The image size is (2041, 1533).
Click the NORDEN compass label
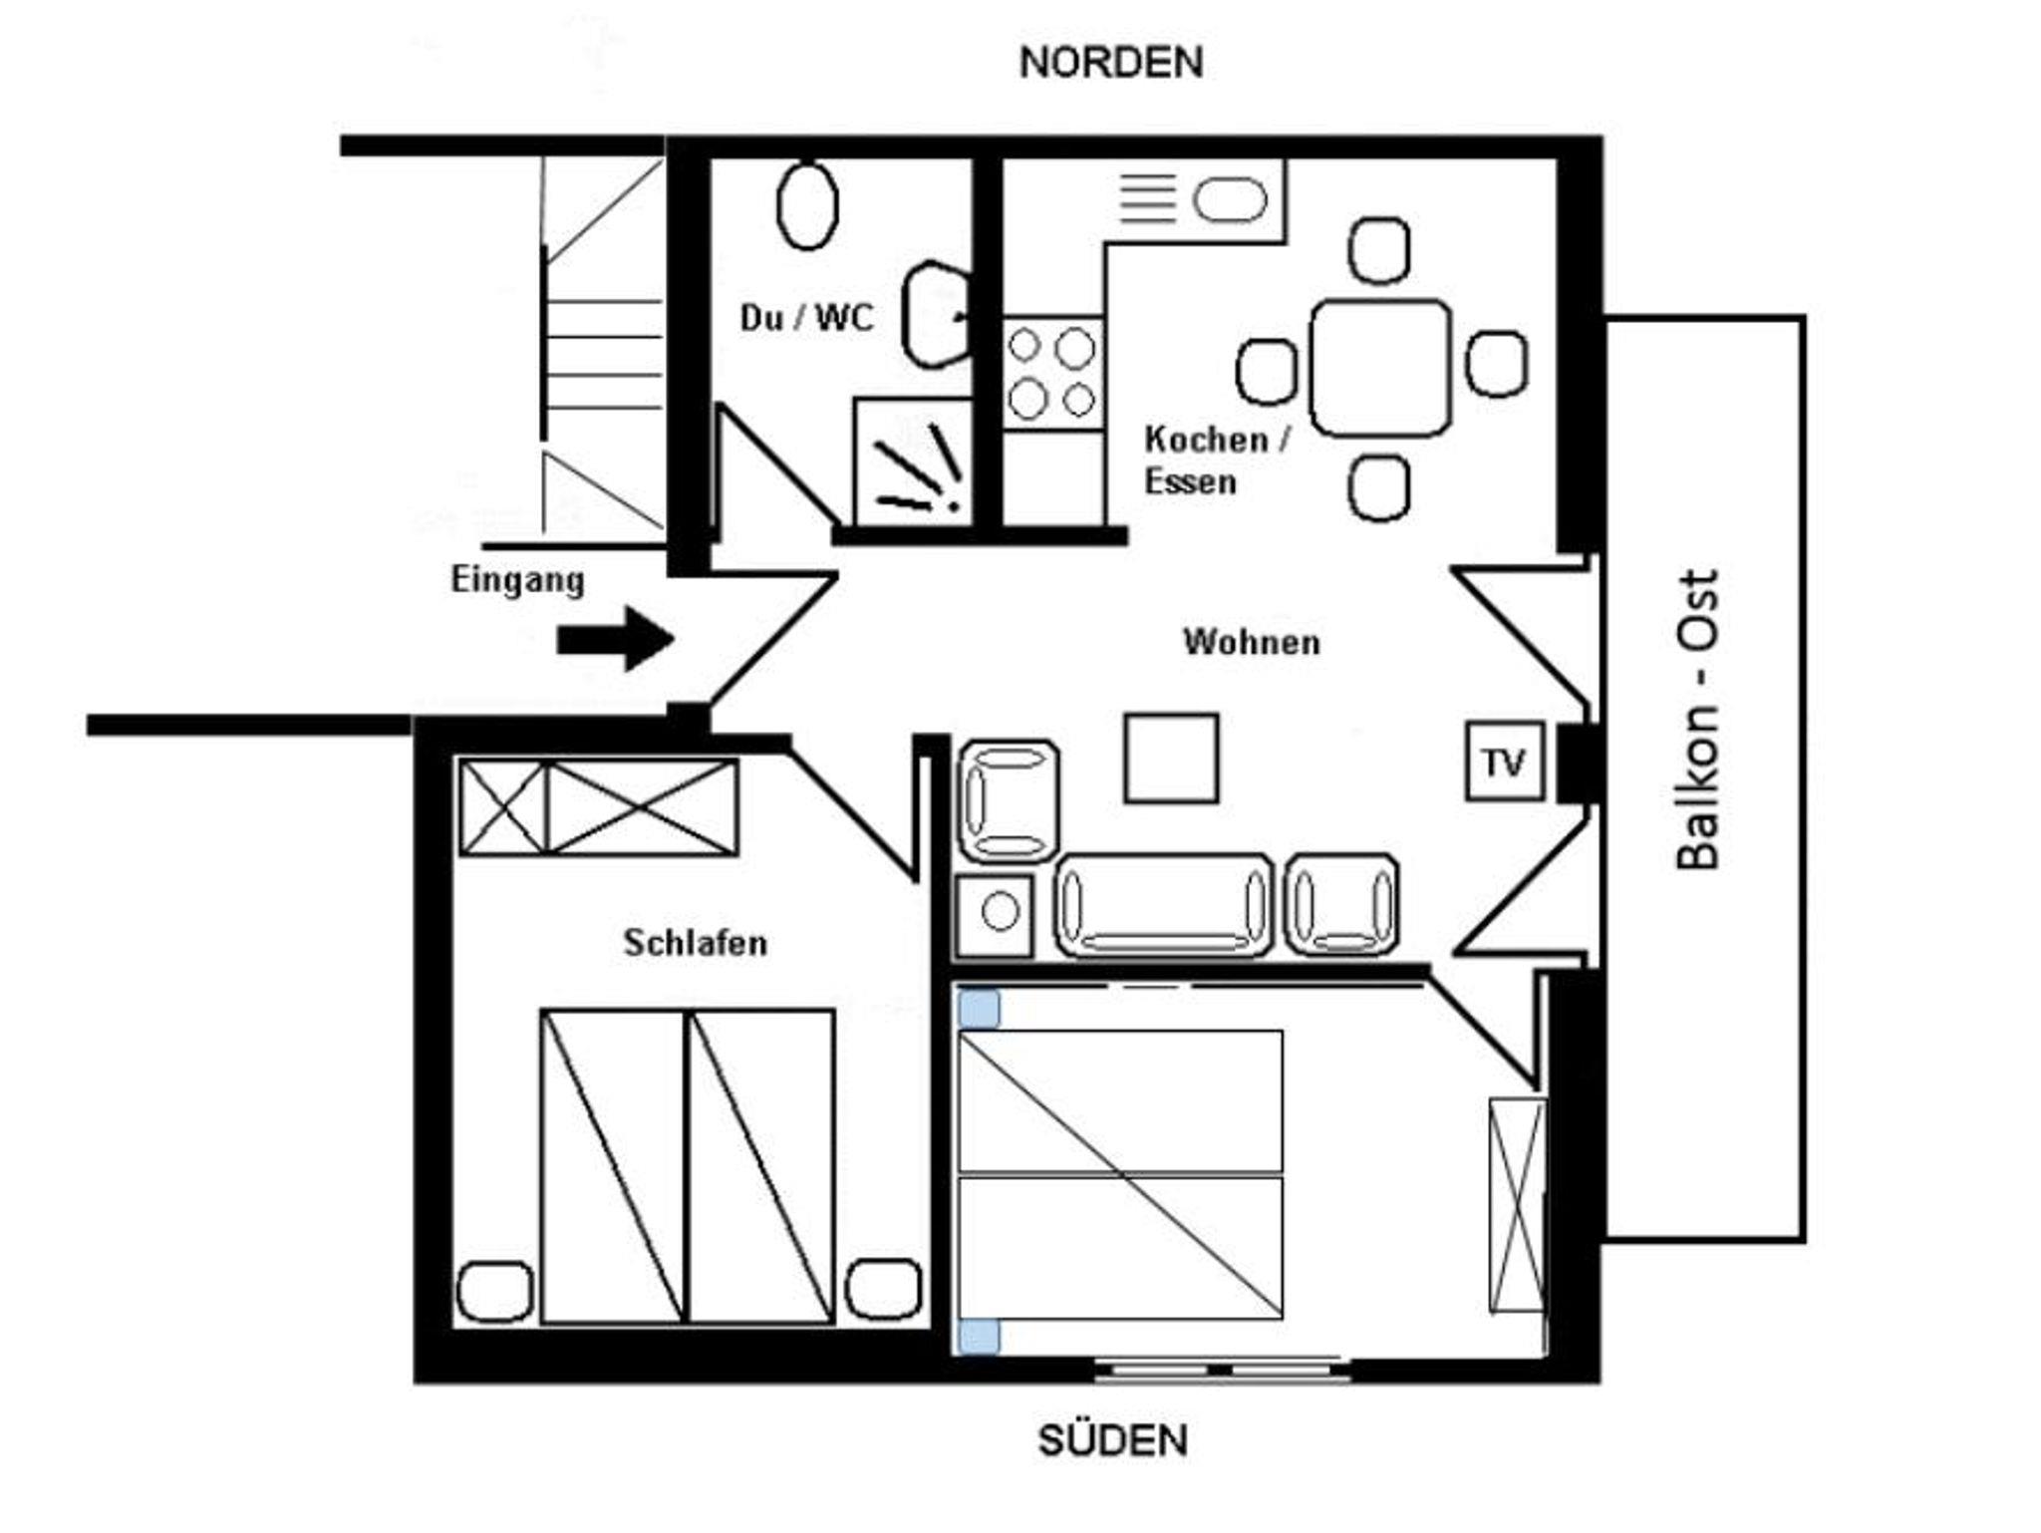[1111, 63]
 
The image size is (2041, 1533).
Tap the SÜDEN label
[1113, 1440]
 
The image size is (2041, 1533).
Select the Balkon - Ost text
[1698, 720]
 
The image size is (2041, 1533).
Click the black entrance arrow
[615, 639]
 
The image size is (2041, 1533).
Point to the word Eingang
[517, 581]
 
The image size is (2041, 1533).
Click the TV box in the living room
[1505, 762]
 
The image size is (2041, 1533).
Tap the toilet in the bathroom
[807, 205]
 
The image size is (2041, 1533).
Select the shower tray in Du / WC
[913, 461]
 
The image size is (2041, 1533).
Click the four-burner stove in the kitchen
[1052, 374]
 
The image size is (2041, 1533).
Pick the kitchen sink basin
[1231, 199]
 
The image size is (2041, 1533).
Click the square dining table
[1380, 368]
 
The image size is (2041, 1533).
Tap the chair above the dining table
[1379, 250]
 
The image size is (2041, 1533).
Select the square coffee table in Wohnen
[1171, 759]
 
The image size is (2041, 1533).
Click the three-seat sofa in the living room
[1164, 905]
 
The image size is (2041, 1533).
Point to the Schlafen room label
[696, 943]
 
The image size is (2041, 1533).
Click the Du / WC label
[806, 318]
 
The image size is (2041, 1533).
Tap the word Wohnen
[1252, 642]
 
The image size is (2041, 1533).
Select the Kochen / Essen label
[1217, 460]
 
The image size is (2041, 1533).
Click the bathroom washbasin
[936, 314]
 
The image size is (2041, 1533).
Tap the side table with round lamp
[996, 914]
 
